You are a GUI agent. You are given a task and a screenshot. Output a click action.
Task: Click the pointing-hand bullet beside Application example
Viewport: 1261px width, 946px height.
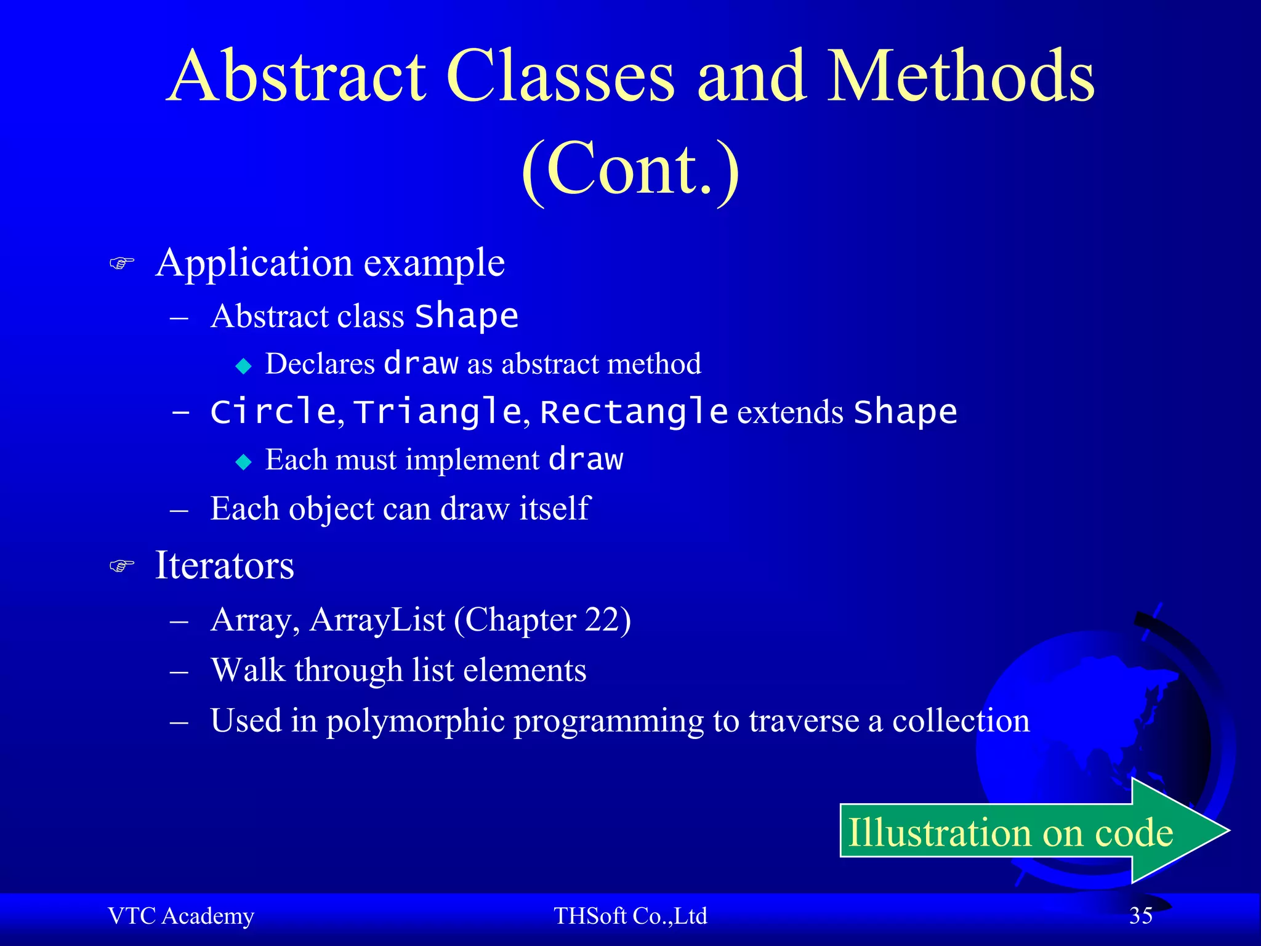pyautogui.click(x=121, y=264)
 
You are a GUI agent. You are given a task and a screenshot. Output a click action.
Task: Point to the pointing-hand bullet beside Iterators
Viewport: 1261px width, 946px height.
pyautogui.click(x=121, y=565)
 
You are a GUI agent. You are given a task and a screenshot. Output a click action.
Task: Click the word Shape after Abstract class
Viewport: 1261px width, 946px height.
pyautogui.click(x=467, y=316)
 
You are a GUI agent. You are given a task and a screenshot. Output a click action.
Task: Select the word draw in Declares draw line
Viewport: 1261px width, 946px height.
pyautogui.click(x=421, y=363)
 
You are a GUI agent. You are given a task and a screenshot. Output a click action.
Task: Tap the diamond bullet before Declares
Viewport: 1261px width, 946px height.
pyautogui.click(x=244, y=366)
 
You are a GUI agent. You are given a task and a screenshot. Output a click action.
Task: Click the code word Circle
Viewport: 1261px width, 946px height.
pyautogui.click(x=273, y=411)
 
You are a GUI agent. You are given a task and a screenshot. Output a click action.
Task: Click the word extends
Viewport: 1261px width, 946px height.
pyautogui.click(x=790, y=413)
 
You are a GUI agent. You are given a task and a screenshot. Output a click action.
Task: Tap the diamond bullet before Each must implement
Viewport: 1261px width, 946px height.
pyautogui.click(x=244, y=462)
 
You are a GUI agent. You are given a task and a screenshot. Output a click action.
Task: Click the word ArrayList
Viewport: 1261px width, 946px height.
pyautogui.click(x=377, y=620)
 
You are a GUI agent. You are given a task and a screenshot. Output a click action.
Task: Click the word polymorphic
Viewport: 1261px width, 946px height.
pyautogui.click(x=416, y=721)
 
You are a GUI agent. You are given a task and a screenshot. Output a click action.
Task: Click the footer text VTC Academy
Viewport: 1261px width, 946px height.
pyautogui.click(x=181, y=916)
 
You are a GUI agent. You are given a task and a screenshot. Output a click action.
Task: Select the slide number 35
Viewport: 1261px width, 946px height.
pyautogui.click(x=1140, y=916)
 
